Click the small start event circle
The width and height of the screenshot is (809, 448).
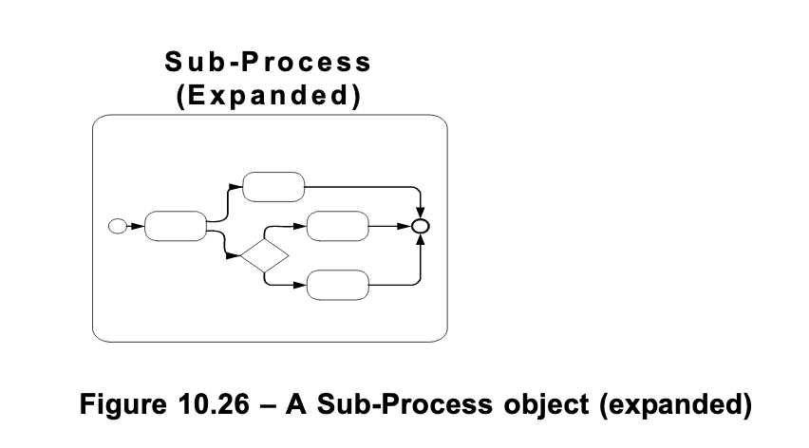[x=118, y=226]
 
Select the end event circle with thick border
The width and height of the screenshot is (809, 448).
[x=422, y=227]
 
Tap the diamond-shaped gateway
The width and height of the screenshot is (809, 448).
[x=263, y=255]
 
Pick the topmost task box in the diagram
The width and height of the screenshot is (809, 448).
[x=273, y=187]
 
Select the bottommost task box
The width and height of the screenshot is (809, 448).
[x=338, y=284]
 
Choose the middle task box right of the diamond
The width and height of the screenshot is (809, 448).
[x=337, y=227]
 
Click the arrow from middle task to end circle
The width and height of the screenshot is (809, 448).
[x=389, y=227]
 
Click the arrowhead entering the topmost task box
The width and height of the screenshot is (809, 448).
[x=237, y=187]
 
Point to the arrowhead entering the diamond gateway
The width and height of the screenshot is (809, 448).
[x=235, y=255]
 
